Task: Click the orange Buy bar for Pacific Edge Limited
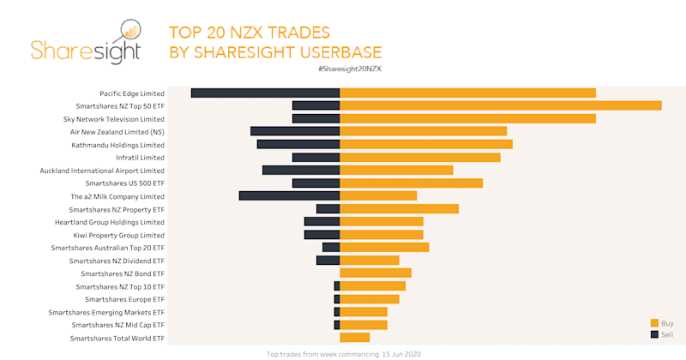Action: [467, 93]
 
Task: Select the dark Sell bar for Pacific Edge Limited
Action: [265, 93]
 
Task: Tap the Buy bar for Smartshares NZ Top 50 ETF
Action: [501, 105]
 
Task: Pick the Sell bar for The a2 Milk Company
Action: [289, 195]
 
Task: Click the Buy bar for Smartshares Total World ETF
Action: [354, 338]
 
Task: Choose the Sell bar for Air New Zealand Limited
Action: [295, 131]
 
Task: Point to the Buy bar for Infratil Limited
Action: [420, 157]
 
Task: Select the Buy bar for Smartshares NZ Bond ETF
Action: [376, 273]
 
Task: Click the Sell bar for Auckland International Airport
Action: [301, 170]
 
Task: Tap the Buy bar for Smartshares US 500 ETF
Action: [412, 183]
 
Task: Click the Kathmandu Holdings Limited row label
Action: [117, 145]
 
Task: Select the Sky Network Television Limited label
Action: [114, 119]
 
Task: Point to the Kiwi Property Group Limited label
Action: [118, 235]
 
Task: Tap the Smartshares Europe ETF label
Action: [124, 299]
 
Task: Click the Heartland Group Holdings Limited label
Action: [110, 222]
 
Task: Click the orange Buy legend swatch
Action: [654, 323]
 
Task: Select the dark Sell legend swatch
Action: [654, 334]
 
